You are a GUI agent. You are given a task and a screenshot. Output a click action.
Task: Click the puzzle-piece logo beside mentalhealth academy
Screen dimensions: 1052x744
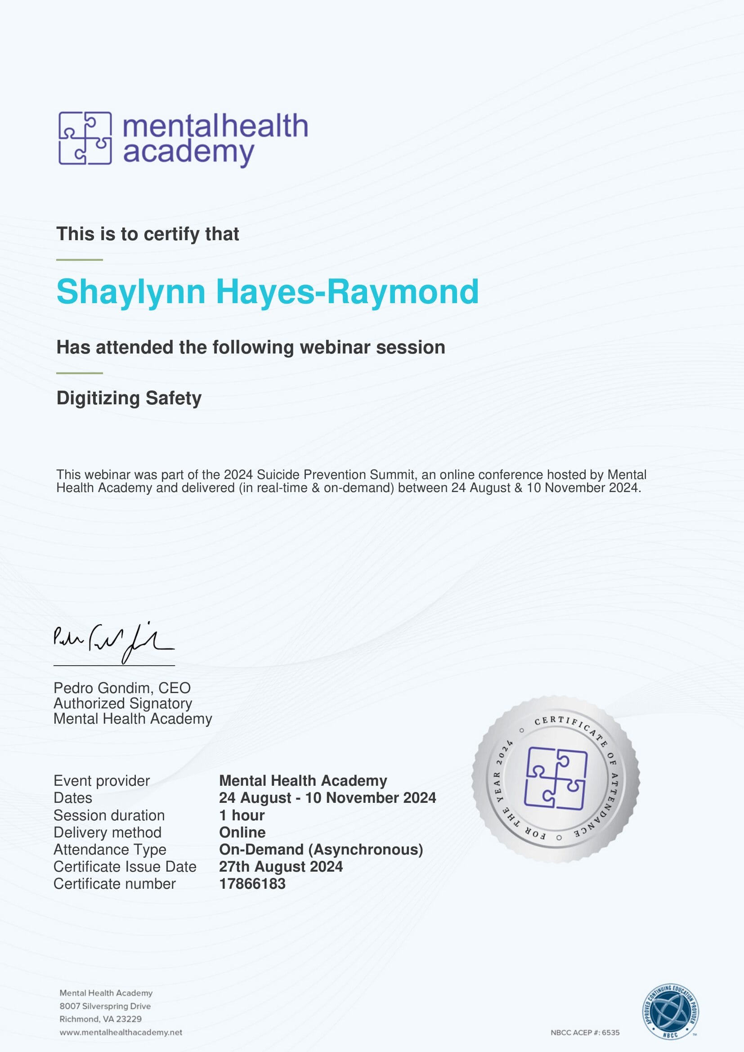pyautogui.click(x=85, y=138)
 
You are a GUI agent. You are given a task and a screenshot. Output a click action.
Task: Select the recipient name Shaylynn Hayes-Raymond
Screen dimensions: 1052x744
pyautogui.click(x=268, y=291)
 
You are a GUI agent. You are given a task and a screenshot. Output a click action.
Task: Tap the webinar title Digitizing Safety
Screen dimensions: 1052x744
pyautogui.click(x=129, y=398)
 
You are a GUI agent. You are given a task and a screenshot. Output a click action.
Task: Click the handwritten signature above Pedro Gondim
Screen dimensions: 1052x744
pyautogui.click(x=113, y=642)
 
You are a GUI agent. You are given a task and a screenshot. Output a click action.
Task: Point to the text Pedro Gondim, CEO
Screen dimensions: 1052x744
pyautogui.click(x=122, y=688)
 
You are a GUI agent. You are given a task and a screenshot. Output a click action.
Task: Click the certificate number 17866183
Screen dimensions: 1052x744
pyautogui.click(x=252, y=884)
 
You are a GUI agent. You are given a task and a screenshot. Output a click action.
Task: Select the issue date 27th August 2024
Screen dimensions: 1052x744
pyautogui.click(x=280, y=866)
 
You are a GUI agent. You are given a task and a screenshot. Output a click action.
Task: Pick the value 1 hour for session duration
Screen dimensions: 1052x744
pyautogui.click(x=242, y=815)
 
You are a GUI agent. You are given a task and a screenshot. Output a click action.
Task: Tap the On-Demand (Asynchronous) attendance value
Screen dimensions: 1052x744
pyautogui.click(x=321, y=850)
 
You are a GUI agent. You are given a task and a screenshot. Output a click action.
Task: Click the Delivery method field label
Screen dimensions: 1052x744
pyautogui.click(x=107, y=832)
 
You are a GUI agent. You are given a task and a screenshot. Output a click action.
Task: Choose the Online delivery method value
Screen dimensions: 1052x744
pyautogui.click(x=242, y=832)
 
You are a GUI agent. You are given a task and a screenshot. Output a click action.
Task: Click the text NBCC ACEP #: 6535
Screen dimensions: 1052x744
pyautogui.click(x=585, y=1032)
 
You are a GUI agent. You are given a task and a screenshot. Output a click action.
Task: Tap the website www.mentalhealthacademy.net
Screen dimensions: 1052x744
pyautogui.click(x=121, y=1032)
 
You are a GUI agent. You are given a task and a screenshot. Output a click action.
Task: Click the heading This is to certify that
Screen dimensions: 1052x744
pyautogui.click(x=148, y=234)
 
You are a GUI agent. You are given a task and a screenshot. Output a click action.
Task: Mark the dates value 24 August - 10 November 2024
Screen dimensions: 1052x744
pyautogui.click(x=327, y=798)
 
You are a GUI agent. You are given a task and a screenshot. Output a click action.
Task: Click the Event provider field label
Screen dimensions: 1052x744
pyautogui.click(x=101, y=781)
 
